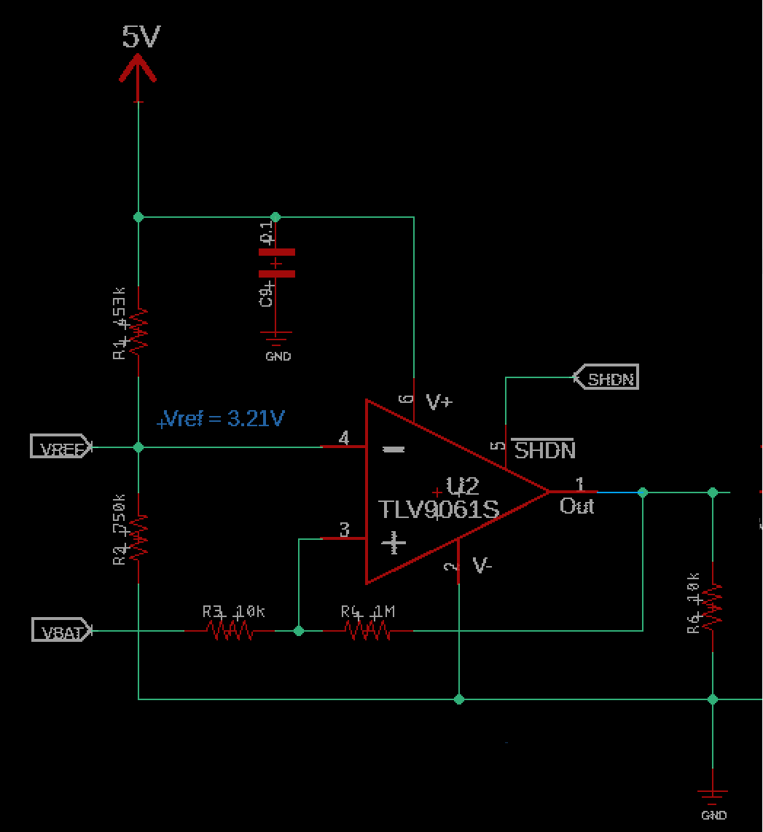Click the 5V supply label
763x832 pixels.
pyautogui.click(x=141, y=36)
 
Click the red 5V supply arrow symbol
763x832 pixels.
pyautogui.click(x=138, y=73)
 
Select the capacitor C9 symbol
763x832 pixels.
pyautogui.click(x=276, y=263)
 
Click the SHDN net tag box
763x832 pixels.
pyautogui.click(x=606, y=377)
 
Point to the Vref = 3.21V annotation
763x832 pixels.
pyautogui.click(x=222, y=419)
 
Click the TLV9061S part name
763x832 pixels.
pyautogui.click(x=439, y=509)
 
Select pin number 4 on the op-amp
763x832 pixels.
pyautogui.click(x=344, y=438)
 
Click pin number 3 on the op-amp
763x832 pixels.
pyautogui.click(x=345, y=530)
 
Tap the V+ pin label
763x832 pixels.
pyautogui.click(x=439, y=401)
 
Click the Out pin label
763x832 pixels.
pyautogui.click(x=576, y=506)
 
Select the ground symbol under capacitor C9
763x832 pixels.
pyautogui.click(x=276, y=339)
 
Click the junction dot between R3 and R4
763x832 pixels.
pyautogui.click(x=298, y=630)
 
